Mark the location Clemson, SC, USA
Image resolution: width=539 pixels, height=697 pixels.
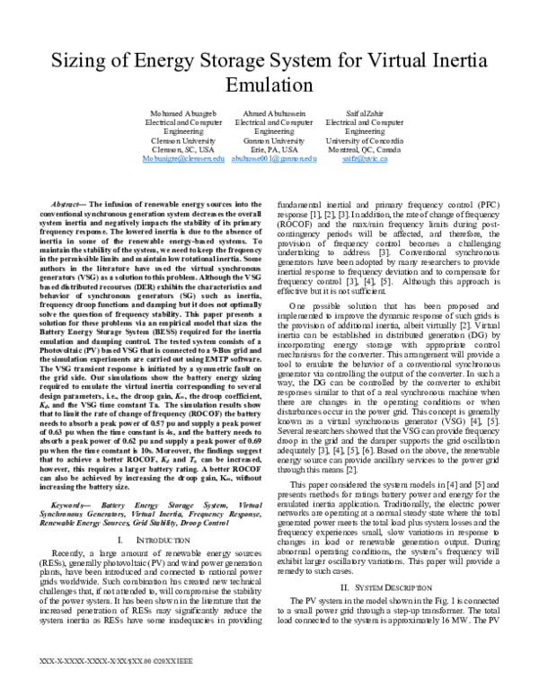point(176,149)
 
